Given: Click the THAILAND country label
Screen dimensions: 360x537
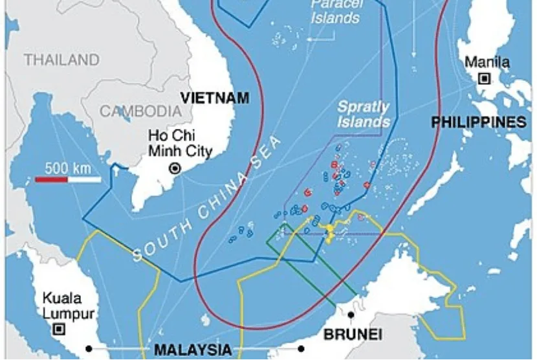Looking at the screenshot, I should (62, 60).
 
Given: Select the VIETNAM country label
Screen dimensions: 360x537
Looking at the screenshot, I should (214, 98).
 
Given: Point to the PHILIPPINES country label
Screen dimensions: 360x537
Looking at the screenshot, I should (478, 122).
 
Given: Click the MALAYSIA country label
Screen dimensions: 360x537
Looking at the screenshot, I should (192, 350).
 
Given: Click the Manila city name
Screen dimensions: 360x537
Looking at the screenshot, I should (487, 63).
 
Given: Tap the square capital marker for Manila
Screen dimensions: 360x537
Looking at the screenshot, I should (484, 79).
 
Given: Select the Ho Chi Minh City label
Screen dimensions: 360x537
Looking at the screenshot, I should (179, 144).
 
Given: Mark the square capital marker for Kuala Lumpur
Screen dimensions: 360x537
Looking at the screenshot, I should (59, 329).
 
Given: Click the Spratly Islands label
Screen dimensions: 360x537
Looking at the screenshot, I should (363, 114).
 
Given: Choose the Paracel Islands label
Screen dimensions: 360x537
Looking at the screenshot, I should (334, 11).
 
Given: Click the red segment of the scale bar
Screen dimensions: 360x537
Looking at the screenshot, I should (51, 178).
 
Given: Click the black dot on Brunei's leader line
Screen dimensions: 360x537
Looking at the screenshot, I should (351, 315).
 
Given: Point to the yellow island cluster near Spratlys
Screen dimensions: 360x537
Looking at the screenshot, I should (331, 232).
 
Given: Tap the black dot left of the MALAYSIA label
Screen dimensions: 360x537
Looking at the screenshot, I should (89, 350).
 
